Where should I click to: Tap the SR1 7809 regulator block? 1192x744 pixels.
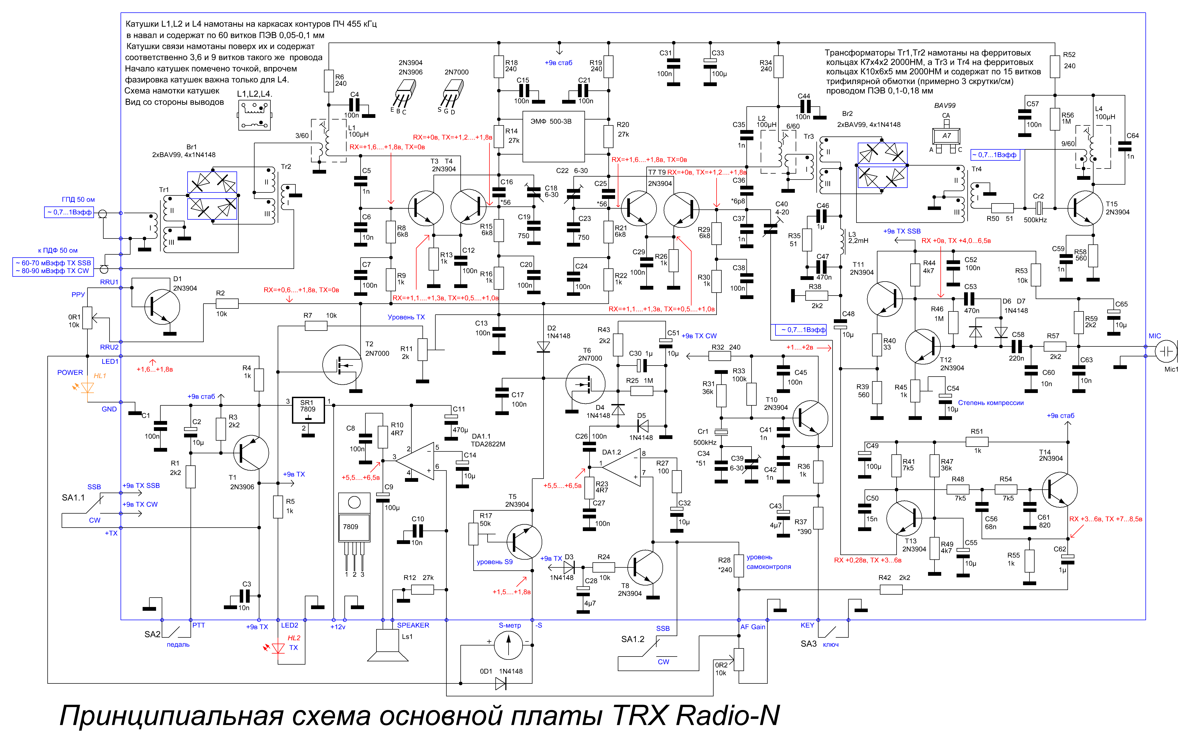tap(308, 410)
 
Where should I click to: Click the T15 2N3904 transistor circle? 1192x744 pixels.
tap(1085, 209)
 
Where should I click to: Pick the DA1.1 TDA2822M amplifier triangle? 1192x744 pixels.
tap(415, 461)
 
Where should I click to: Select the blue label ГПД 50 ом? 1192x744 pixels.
tap(78, 199)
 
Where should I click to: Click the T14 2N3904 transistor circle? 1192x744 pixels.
tap(1060, 490)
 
